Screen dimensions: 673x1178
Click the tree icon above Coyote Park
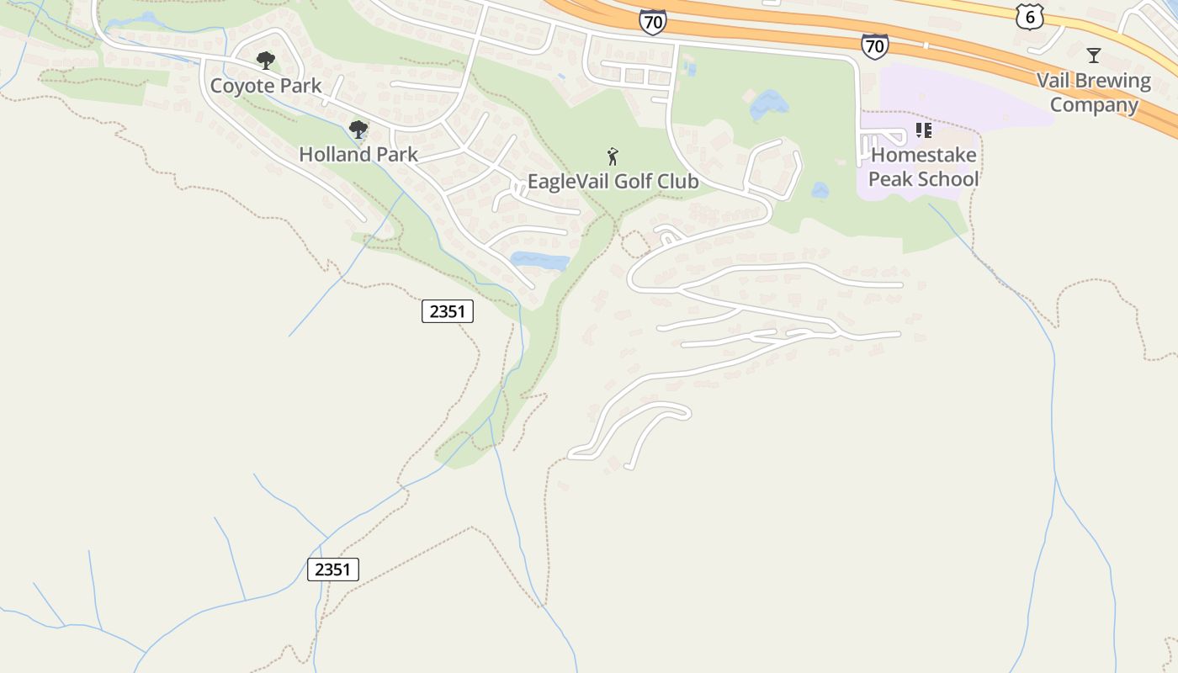click(x=266, y=60)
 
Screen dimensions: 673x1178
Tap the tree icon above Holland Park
click(x=358, y=129)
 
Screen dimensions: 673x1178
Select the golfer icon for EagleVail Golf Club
click(x=613, y=156)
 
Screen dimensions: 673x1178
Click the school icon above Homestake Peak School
click(x=923, y=130)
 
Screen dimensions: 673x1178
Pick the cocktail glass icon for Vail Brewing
click(x=1093, y=56)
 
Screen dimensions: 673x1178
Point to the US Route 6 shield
click(x=1029, y=16)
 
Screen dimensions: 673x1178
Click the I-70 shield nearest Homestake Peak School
click(x=874, y=45)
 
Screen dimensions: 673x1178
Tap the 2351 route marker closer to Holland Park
click(x=448, y=311)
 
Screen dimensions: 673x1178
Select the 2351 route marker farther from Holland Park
click(x=332, y=570)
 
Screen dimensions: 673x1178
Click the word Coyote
click(x=239, y=86)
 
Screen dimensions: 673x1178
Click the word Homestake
click(x=923, y=155)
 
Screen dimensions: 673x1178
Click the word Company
click(x=1093, y=105)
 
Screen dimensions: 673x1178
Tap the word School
click(x=949, y=179)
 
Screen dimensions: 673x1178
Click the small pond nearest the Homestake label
click(x=820, y=191)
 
